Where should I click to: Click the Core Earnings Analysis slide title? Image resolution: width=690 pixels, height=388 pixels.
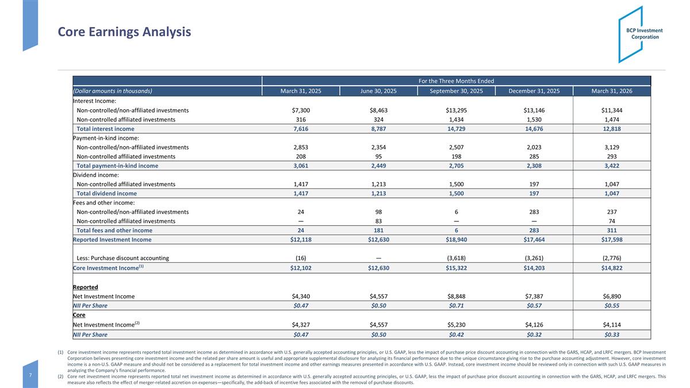coord(124,32)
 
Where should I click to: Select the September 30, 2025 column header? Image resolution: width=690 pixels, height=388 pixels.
coord(456,91)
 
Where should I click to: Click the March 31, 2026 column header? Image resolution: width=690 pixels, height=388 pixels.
coord(612,91)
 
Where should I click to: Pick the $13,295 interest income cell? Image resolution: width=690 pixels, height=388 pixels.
coord(456,110)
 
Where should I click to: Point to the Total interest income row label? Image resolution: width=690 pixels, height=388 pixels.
coord(105,129)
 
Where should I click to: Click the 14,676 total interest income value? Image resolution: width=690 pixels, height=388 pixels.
coord(534,129)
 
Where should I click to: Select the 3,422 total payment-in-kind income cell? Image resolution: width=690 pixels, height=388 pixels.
coord(612,166)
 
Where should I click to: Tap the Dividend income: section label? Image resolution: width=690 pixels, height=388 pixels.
coord(96,175)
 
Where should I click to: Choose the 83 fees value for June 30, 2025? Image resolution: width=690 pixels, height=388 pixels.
coord(378,221)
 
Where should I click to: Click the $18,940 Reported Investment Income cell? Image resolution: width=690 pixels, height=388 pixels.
coord(456,240)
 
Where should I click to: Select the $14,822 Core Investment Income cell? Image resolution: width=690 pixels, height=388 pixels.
coord(612,268)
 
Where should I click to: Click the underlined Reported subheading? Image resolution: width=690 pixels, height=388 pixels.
coord(85,287)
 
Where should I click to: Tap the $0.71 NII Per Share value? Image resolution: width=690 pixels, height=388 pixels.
coord(456,305)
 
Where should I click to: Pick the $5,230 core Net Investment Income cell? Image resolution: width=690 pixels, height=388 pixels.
coord(456,325)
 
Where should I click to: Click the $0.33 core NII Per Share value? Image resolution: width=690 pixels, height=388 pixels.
coord(612,335)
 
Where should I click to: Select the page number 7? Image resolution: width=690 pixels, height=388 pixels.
coord(30,375)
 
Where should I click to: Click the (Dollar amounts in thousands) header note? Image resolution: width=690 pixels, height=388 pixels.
coord(113,91)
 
